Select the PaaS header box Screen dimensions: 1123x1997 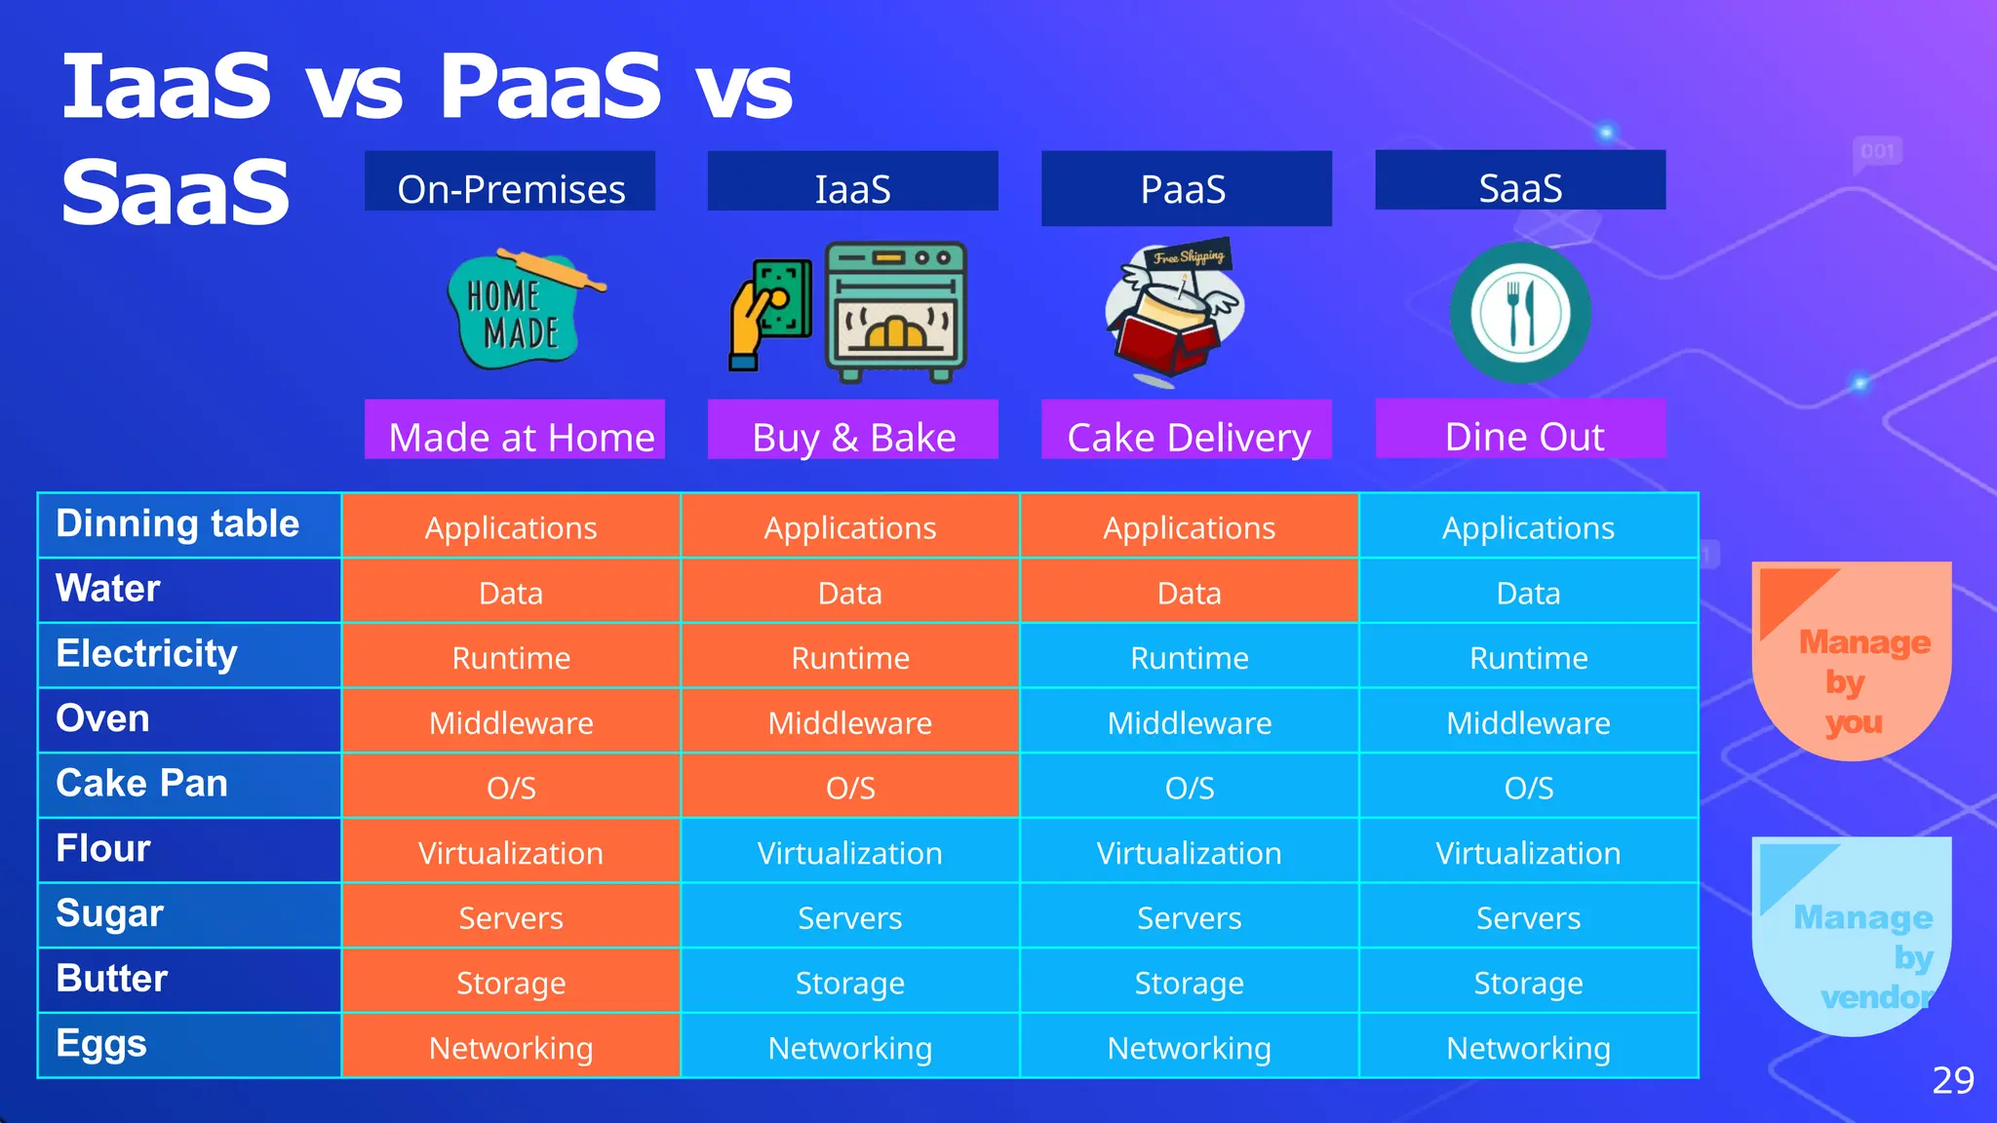pos(1186,188)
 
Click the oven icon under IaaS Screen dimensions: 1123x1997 pos(895,312)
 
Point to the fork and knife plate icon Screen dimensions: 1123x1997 pos(1520,313)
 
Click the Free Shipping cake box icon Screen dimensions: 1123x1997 pos(1174,312)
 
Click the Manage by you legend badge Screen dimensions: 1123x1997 pos(1851,663)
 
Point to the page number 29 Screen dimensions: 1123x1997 pos(1952,1080)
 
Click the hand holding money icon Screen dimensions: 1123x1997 pos(770,313)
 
